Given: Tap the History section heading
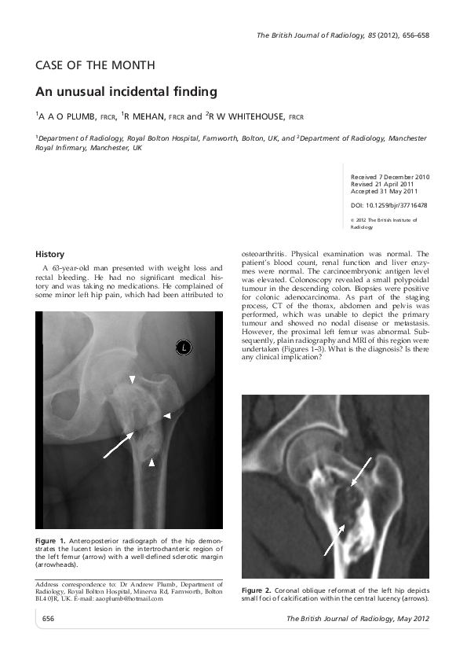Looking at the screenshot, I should [x=49, y=254].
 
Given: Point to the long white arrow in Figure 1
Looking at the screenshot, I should [x=117, y=444].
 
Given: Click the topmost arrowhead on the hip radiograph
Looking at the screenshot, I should [x=133, y=380].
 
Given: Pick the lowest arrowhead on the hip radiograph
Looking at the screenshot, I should [x=152, y=464].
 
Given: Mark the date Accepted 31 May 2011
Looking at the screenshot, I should [x=384, y=191].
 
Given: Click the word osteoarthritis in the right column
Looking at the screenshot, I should [x=268, y=254].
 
